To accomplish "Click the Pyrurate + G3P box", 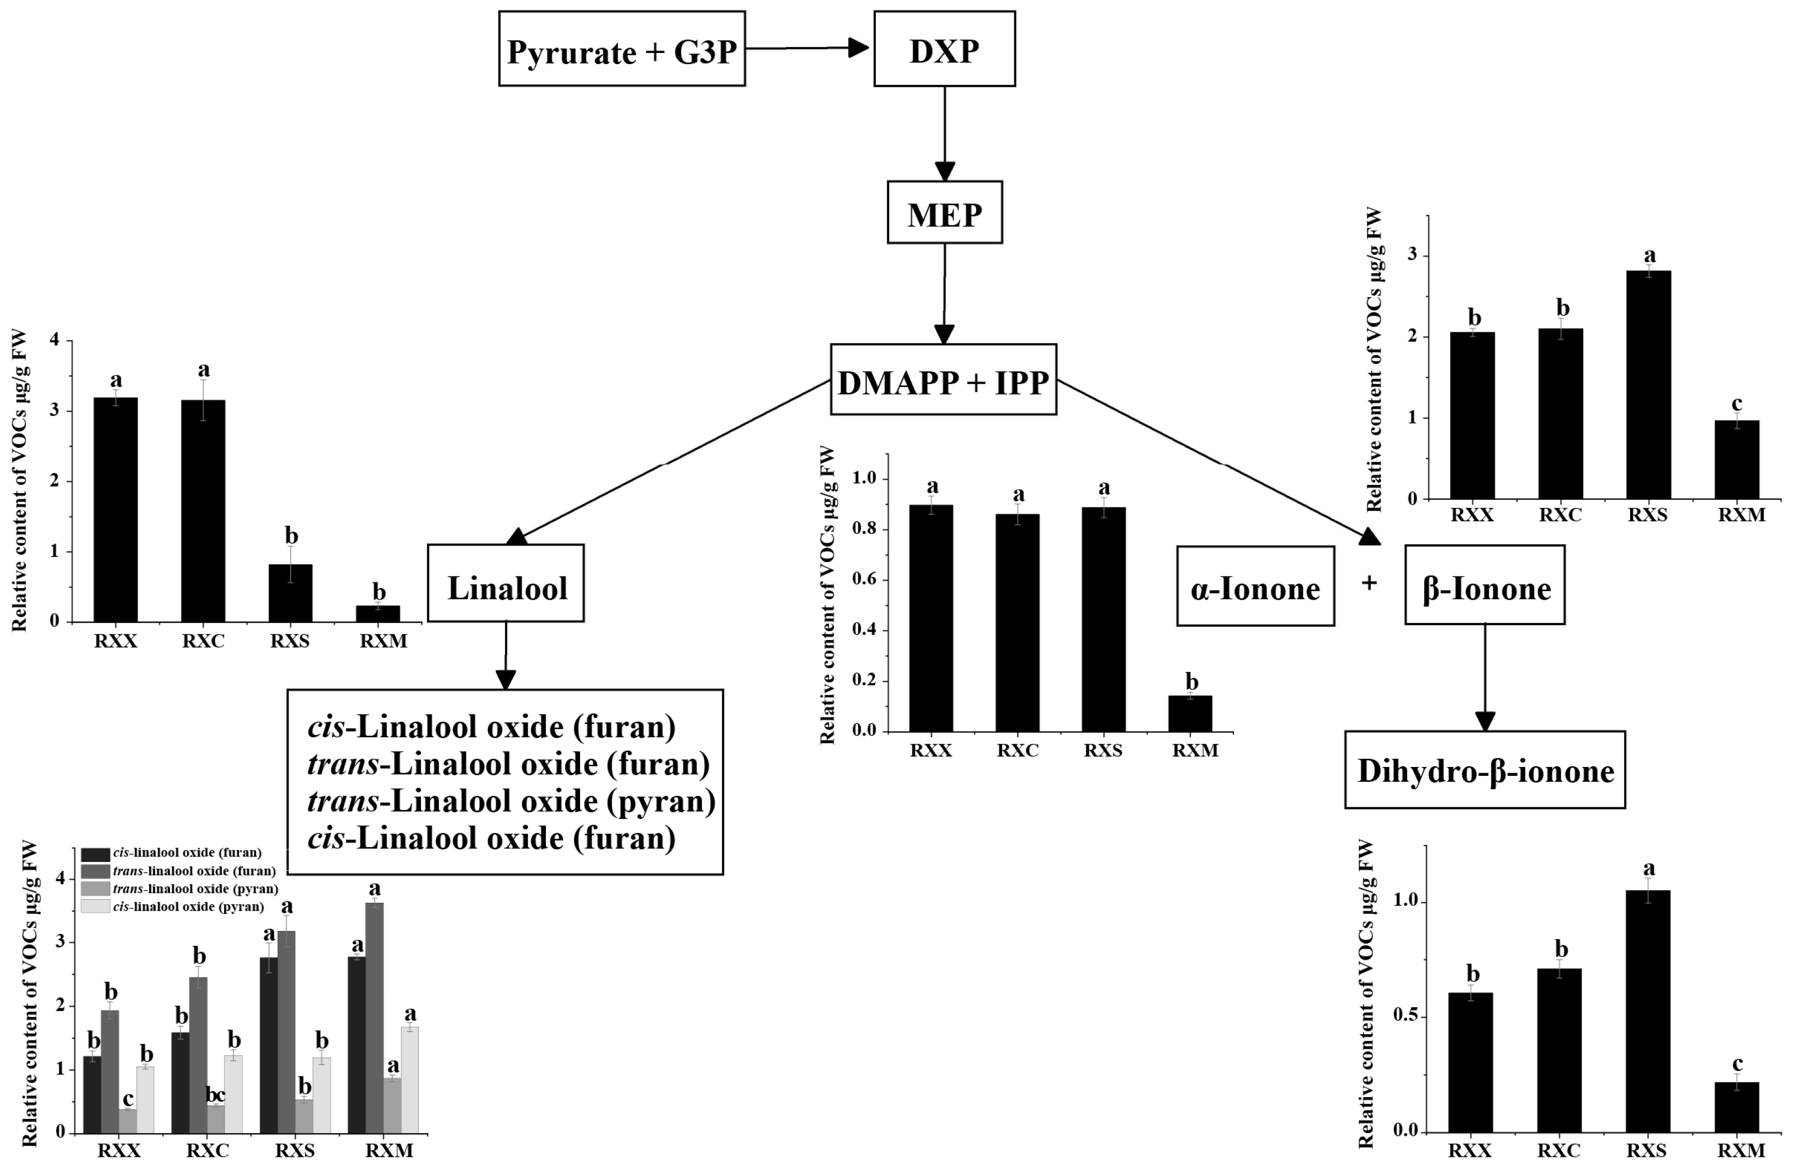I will pyautogui.click(x=622, y=49).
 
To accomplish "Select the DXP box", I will pyautogui.click(x=944, y=49).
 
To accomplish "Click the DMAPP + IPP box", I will pyautogui.click(x=943, y=380).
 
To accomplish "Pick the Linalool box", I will pyautogui.click(x=506, y=584).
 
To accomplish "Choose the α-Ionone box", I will pyautogui.click(x=1255, y=586).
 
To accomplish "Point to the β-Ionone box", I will pyautogui.click(x=1484, y=586).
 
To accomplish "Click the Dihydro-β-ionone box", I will pyautogui.click(x=1484, y=769).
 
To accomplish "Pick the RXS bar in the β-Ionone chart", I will pyautogui.click(x=1648, y=385).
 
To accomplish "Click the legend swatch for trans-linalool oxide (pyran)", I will pyautogui.click(x=95, y=888).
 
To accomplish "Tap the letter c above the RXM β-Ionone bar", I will pyautogui.click(x=1737, y=404).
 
